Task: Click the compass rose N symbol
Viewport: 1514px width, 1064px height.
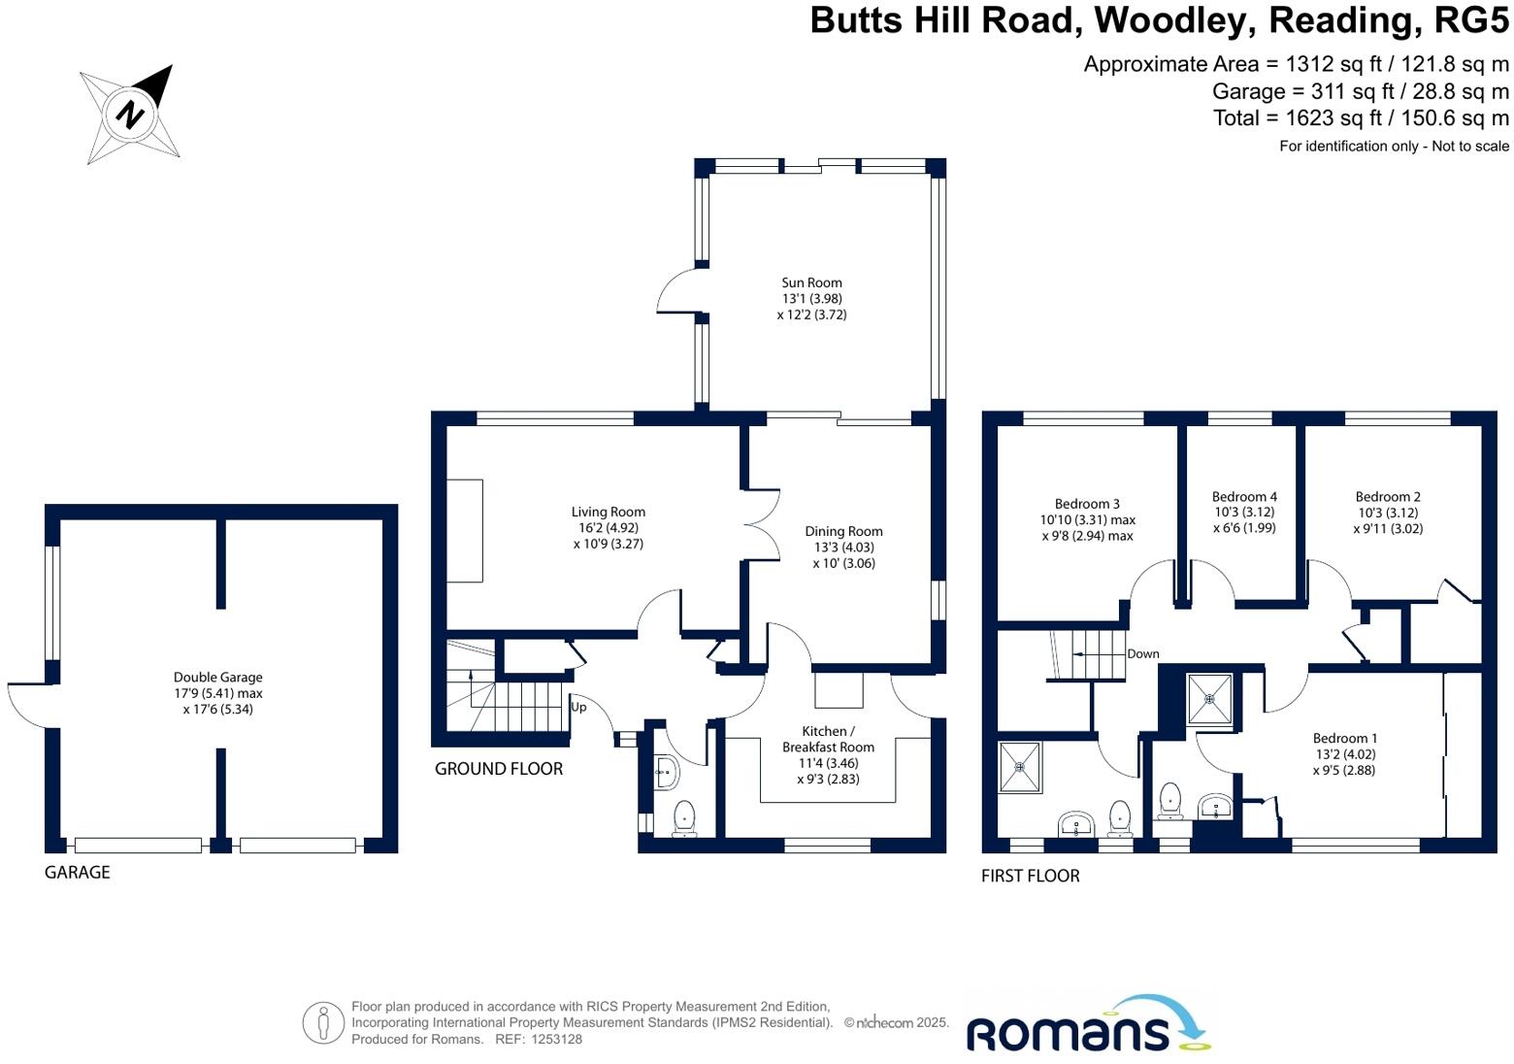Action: (129, 115)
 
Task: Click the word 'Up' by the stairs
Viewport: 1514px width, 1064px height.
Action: (578, 707)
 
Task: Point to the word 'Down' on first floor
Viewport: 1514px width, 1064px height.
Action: (1143, 653)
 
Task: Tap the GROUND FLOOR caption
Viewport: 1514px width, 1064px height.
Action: (499, 769)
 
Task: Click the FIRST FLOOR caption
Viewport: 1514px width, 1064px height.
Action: (1030, 876)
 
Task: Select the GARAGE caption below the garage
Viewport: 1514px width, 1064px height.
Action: (78, 872)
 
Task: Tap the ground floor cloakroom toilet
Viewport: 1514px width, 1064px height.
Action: (685, 817)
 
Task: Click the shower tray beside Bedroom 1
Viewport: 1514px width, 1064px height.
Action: (1209, 698)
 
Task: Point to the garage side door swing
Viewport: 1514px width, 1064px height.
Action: (27, 705)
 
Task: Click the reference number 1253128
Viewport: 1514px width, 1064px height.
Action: (551, 1040)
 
